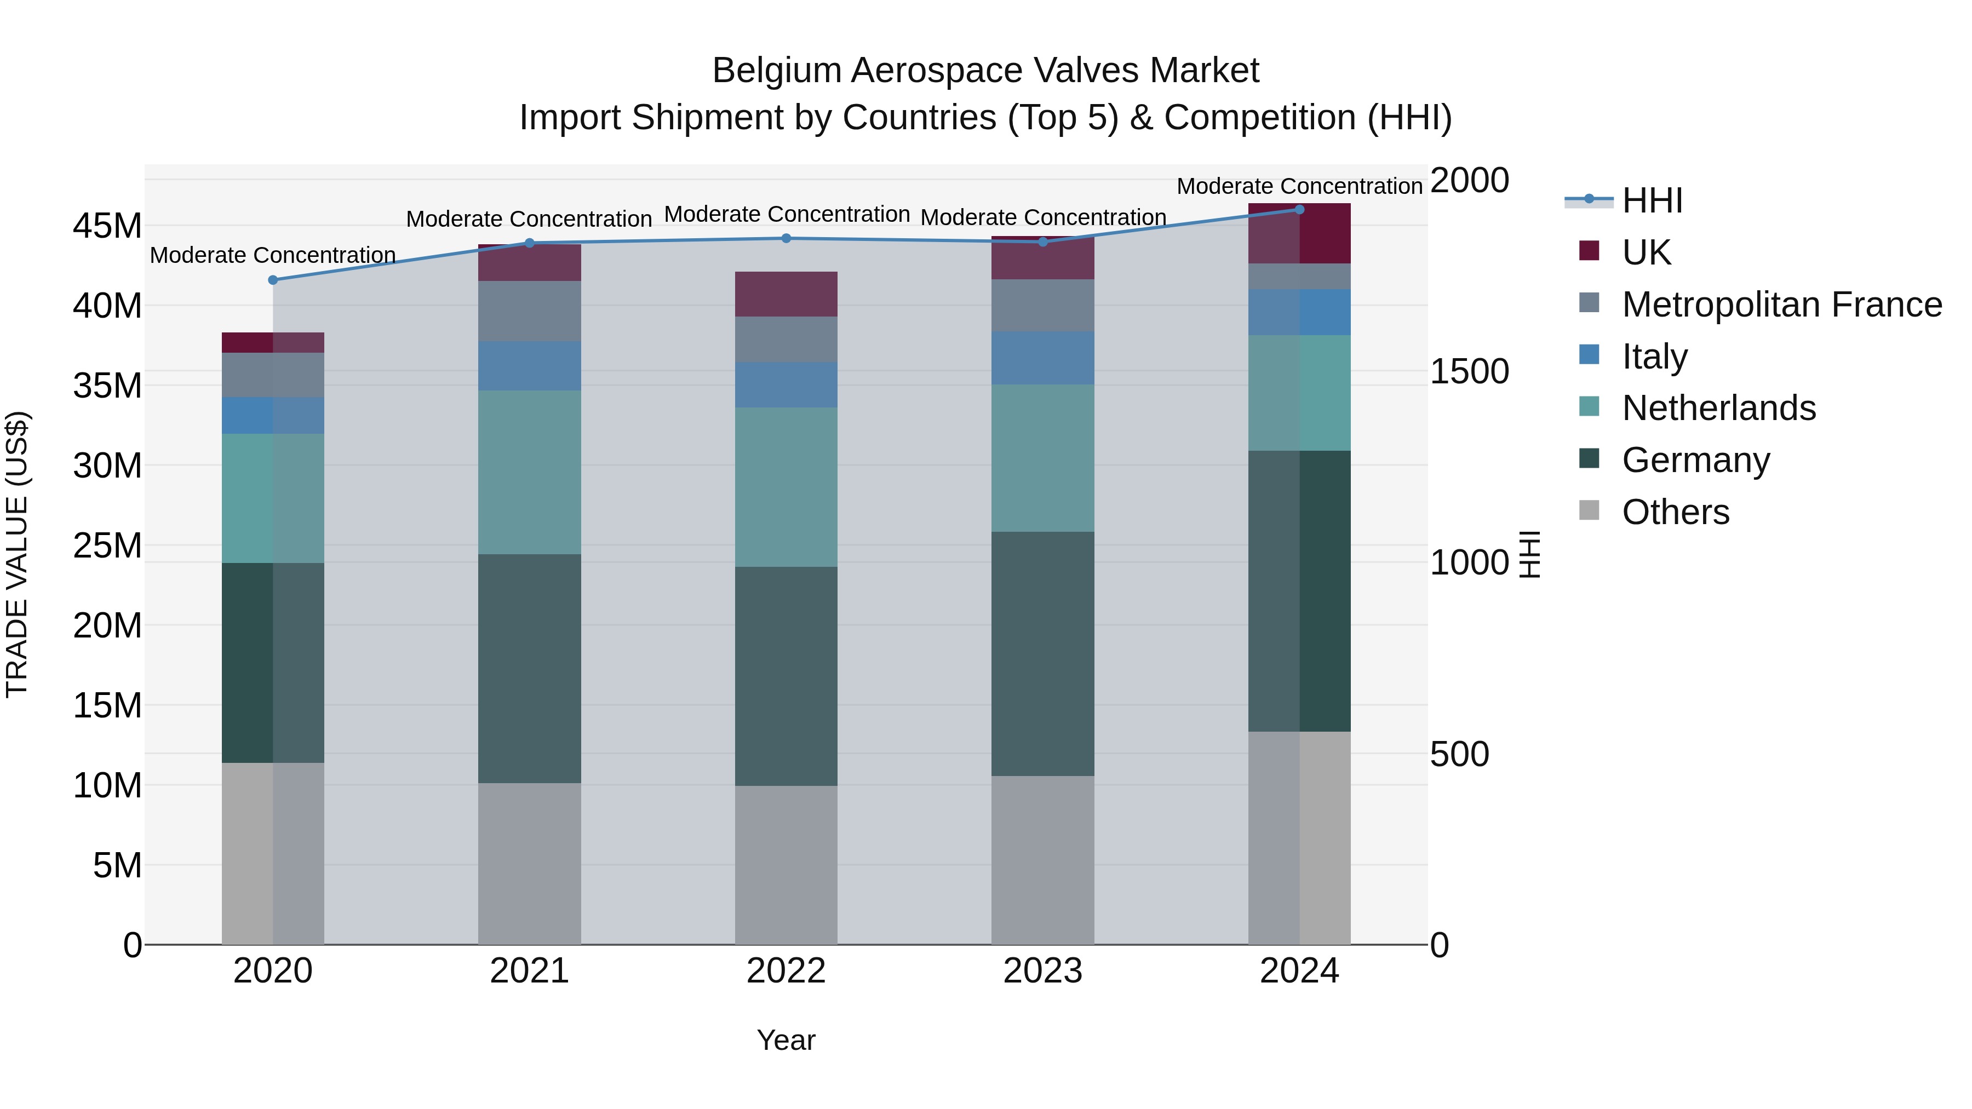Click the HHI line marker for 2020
(273, 280)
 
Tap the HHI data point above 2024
(1299, 210)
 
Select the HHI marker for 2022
(786, 238)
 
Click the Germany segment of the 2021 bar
(529, 668)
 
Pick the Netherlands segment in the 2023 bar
(1042, 458)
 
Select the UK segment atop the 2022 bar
(786, 294)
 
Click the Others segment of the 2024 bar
(1299, 837)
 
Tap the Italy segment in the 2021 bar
(529, 366)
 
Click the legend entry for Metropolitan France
(1781, 304)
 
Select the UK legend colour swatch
(1589, 251)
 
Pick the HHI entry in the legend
(1652, 200)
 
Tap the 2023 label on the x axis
(1042, 971)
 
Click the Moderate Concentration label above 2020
(273, 255)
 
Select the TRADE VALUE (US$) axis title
(17, 554)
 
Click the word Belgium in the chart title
(776, 71)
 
